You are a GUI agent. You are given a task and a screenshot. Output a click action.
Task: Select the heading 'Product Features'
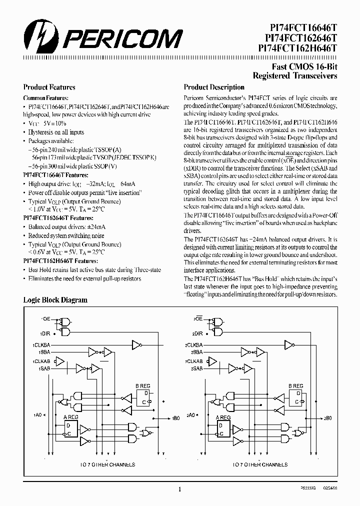[49, 87]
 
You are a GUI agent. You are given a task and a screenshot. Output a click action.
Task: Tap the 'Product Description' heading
[214, 87]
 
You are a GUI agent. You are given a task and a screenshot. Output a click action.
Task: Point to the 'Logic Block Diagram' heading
[55, 300]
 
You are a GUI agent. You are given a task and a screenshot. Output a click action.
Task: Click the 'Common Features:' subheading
[46, 98]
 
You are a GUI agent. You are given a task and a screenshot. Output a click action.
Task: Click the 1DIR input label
[45, 333]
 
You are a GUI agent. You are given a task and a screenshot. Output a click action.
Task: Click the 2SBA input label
[196, 352]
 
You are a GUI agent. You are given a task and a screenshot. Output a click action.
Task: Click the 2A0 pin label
[190, 415]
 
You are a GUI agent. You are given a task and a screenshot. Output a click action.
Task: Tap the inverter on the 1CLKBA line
[136, 344]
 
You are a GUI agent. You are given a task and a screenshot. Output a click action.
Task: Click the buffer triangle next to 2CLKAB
[211, 360]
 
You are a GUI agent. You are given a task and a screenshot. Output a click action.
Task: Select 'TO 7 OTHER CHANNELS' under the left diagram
[108, 464]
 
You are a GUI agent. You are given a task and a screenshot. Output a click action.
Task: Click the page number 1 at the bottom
[180, 490]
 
